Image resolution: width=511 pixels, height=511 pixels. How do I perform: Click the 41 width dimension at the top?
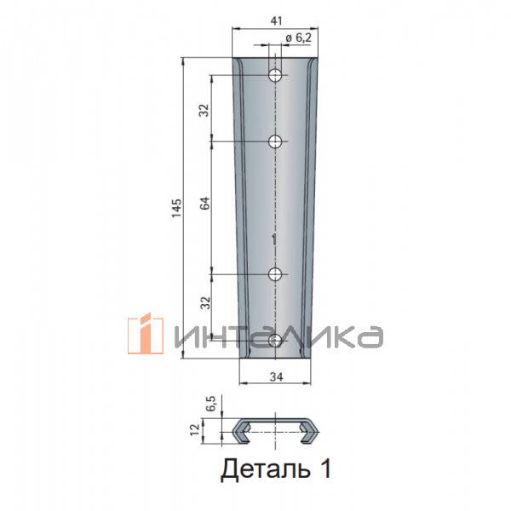276,20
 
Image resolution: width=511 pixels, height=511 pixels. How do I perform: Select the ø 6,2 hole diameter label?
299,38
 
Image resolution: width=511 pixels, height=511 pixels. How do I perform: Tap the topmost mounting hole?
275,75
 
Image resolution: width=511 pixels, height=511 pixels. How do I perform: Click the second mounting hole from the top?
275,141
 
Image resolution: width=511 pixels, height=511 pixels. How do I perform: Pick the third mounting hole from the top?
275,274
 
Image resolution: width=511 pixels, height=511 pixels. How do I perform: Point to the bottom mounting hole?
275,341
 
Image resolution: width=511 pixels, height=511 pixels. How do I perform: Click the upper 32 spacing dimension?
204,110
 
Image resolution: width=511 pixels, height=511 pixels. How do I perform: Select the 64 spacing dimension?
204,204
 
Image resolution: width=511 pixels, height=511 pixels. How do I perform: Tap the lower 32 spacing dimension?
205,302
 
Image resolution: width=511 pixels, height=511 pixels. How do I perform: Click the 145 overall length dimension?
176,208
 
